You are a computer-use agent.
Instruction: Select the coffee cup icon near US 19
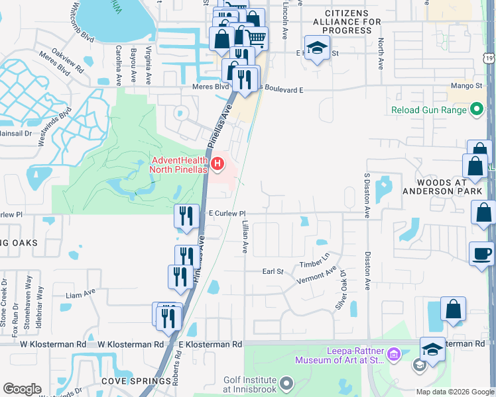coord(481,253)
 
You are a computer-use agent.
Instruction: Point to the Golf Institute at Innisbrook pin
coord(286,384)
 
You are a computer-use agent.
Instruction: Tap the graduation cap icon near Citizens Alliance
coord(318,48)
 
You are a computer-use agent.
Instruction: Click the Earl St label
coord(273,271)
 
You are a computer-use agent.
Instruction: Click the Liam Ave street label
coord(81,290)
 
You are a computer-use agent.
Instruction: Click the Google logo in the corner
coord(22,389)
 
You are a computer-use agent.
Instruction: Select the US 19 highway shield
coord(489,60)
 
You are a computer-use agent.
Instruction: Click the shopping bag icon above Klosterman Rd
coord(453,308)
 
